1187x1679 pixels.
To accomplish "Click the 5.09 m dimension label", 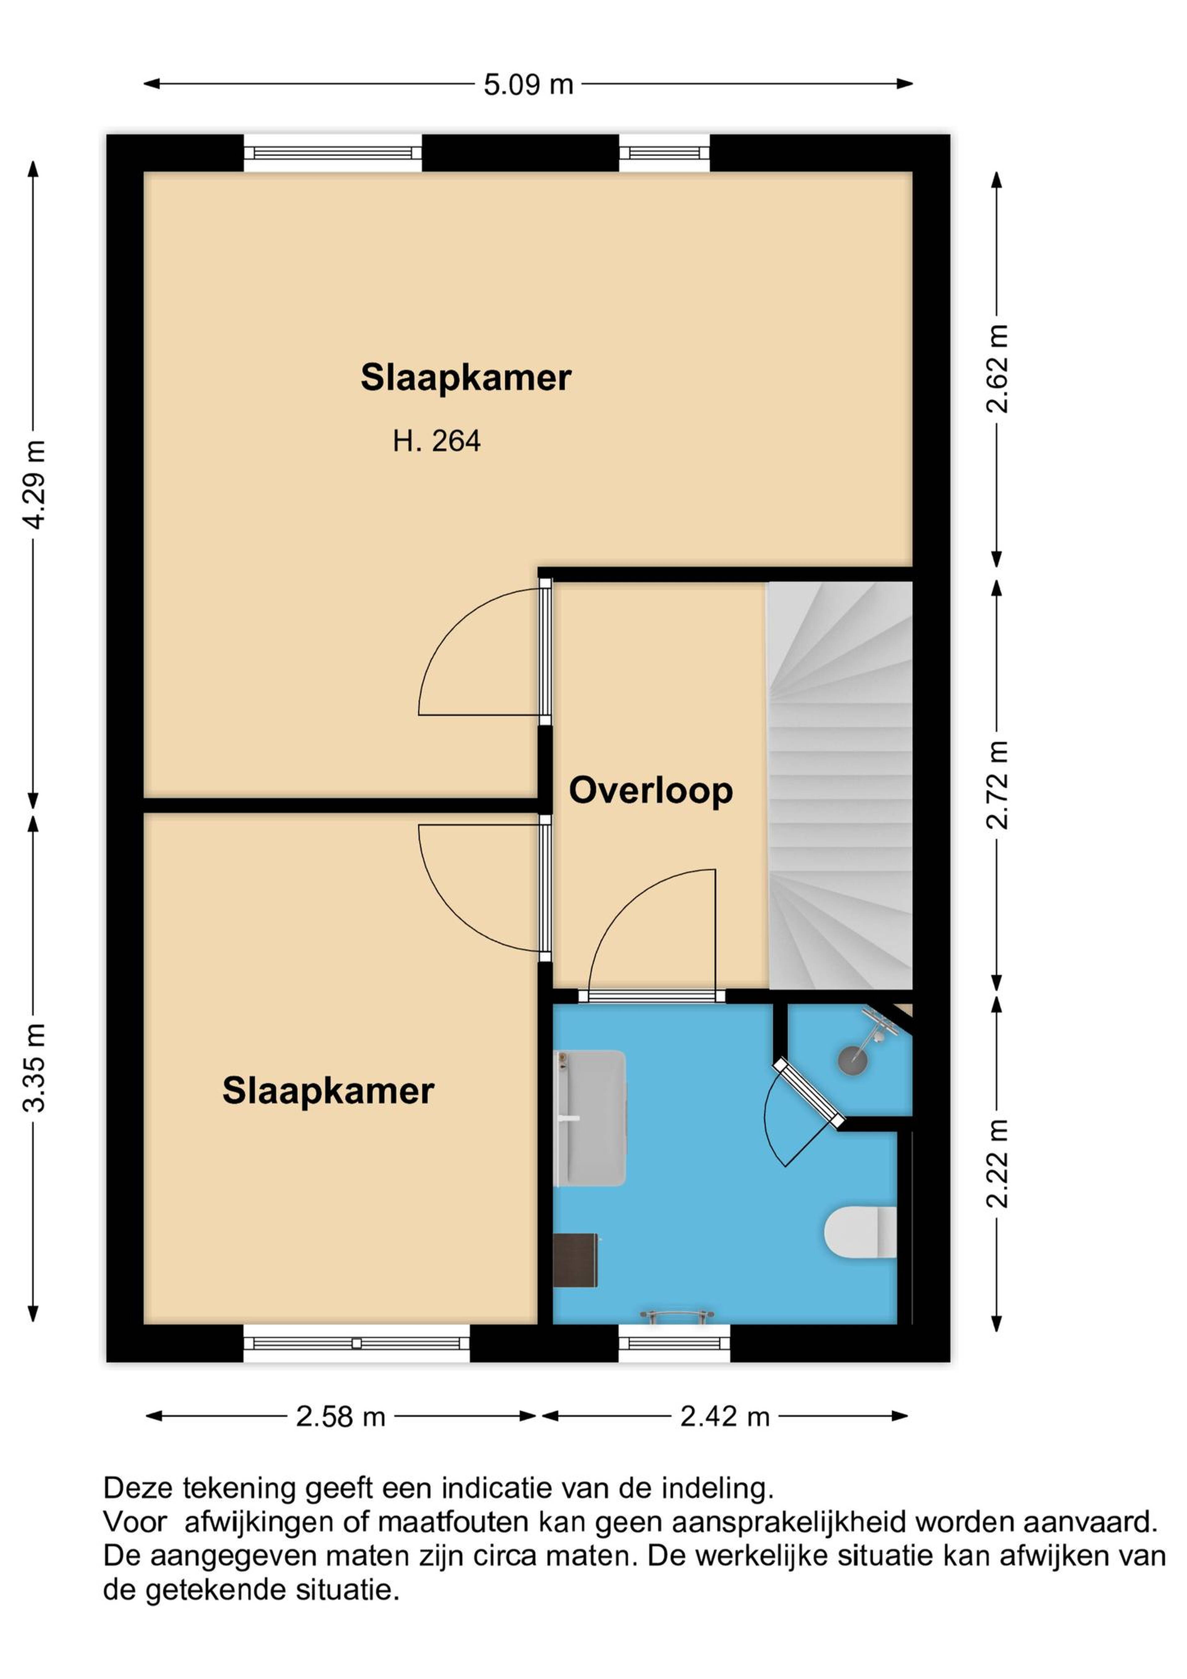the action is click(528, 85).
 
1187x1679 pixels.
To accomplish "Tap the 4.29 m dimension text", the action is click(34, 484).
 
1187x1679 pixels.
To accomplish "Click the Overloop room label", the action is click(651, 791).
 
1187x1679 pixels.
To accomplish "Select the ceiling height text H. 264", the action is click(436, 442).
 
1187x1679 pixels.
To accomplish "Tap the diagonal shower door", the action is click(810, 1093).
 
